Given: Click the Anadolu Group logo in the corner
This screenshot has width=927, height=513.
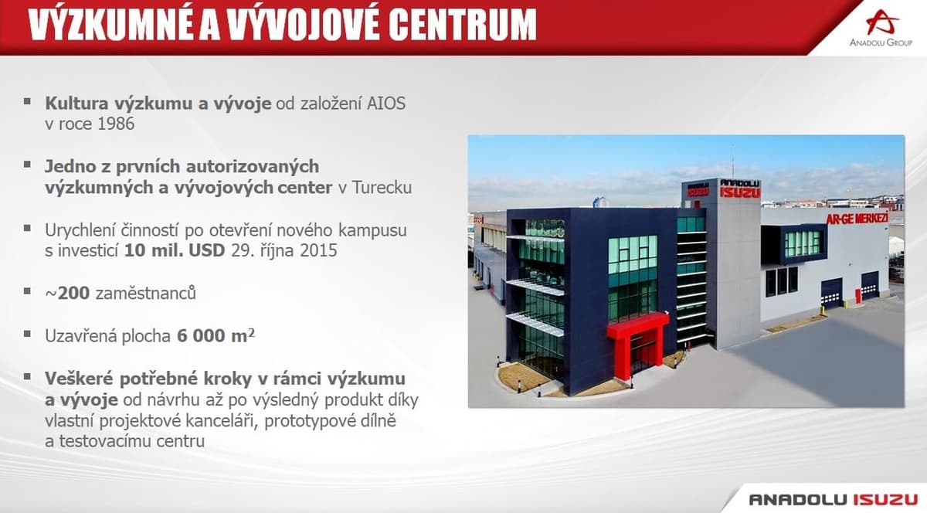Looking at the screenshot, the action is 881,28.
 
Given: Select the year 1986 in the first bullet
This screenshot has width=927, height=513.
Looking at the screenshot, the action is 115,124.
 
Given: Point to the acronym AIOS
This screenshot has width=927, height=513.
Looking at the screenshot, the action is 386,104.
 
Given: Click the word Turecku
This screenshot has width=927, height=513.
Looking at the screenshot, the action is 382,188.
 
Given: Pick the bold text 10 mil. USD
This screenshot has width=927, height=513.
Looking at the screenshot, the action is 175,250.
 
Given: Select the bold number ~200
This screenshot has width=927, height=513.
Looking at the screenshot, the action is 67,293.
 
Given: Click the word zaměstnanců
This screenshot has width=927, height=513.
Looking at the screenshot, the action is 146,293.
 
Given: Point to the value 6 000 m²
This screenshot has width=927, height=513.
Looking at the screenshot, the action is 216,335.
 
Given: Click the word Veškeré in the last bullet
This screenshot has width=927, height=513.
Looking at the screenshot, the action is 80,379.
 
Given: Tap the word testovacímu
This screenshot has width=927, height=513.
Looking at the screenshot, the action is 105,441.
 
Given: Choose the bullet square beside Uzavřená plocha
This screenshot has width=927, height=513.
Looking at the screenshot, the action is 27,334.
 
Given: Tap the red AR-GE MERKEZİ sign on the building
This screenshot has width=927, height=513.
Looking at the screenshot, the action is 857,218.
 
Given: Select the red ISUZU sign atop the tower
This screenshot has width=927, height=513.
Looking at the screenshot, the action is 740,192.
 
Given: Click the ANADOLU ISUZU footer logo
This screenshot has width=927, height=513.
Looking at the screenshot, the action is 833,499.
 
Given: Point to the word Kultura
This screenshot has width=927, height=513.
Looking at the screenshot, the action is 77,104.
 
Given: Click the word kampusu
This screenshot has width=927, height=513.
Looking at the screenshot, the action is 372,231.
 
